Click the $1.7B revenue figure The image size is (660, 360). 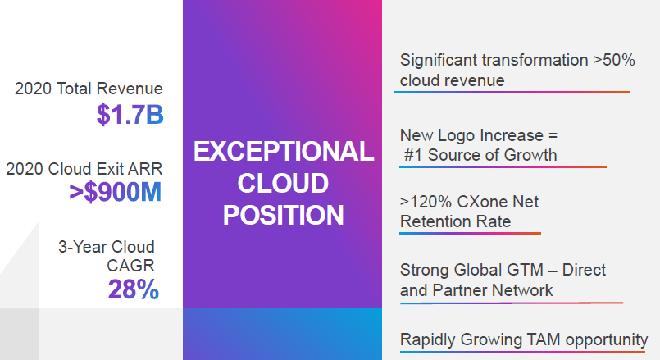pos(130,115)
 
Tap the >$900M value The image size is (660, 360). pos(116,193)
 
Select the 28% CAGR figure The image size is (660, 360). pos(134,289)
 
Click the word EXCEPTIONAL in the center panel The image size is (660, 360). pos(284,152)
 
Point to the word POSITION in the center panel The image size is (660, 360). pos(284,215)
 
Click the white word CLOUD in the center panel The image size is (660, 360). pos(283,183)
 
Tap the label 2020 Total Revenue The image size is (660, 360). pos(89,89)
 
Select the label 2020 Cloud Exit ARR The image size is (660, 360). pos(84,169)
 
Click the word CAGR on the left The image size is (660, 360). pos(130,266)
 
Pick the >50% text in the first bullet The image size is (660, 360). pos(614,60)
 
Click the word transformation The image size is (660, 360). pos(535,60)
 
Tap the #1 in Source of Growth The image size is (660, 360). pos(413,155)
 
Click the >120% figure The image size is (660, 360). pos(426,202)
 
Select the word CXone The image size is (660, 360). pos(476,202)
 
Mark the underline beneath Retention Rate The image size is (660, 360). pos(470,233)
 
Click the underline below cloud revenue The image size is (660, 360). pos(512,92)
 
